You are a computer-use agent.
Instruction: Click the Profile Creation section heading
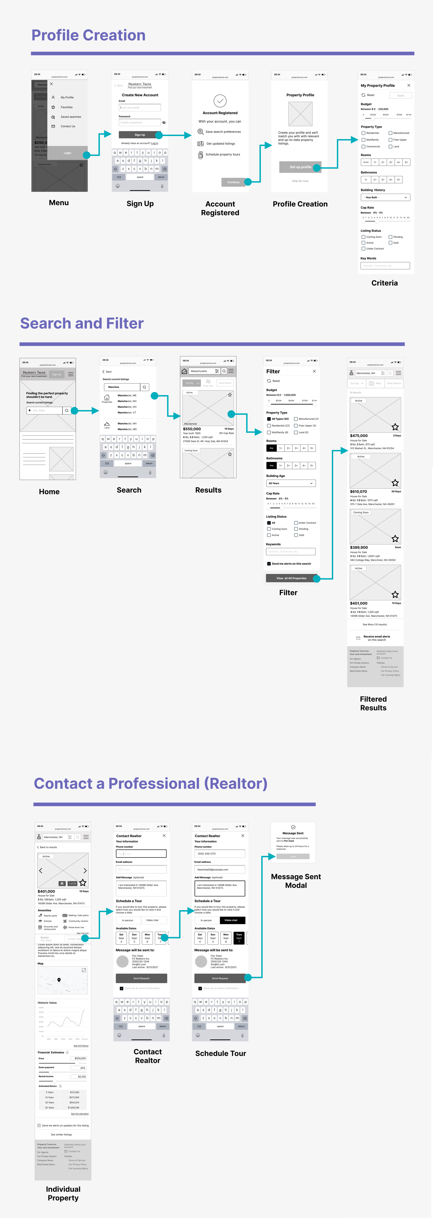pyautogui.click(x=88, y=35)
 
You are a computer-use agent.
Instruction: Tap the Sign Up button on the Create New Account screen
pyautogui.click(x=140, y=135)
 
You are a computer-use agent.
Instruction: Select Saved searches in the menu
pyautogui.click(x=70, y=117)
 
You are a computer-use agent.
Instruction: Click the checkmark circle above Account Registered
pyautogui.click(x=220, y=101)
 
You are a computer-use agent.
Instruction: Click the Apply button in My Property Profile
pyautogui.click(x=400, y=96)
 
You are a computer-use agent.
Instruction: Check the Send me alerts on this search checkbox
pyautogui.click(x=269, y=564)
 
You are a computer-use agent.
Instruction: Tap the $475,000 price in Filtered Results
pyautogui.click(x=359, y=436)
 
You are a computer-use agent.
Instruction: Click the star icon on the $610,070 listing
pyautogui.click(x=395, y=483)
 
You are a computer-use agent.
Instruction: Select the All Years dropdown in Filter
pyautogui.click(x=291, y=483)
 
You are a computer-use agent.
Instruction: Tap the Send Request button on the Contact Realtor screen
pyautogui.click(x=141, y=978)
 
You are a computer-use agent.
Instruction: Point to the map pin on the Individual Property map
pyautogui.click(x=59, y=980)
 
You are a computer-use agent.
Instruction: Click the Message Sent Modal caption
pyautogui.click(x=296, y=881)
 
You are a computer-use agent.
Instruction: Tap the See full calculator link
pyautogui.click(x=80, y=1114)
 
